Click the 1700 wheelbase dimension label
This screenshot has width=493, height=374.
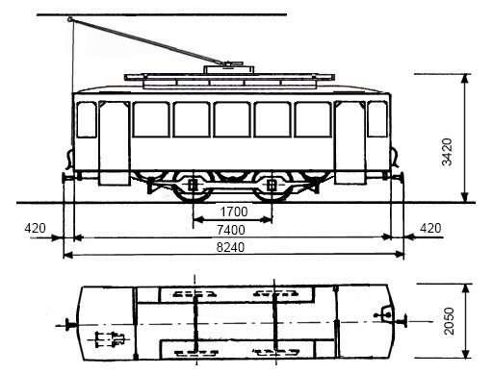234,212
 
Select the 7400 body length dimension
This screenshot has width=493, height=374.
231,230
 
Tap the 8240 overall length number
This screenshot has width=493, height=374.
230,247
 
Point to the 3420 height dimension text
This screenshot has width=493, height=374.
447,152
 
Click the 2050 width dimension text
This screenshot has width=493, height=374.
449,321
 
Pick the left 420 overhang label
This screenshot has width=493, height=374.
35,228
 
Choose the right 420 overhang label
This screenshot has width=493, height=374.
430,228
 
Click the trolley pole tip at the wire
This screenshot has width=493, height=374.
69,19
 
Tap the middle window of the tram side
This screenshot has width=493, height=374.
232,119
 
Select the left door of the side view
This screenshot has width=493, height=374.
115,143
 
